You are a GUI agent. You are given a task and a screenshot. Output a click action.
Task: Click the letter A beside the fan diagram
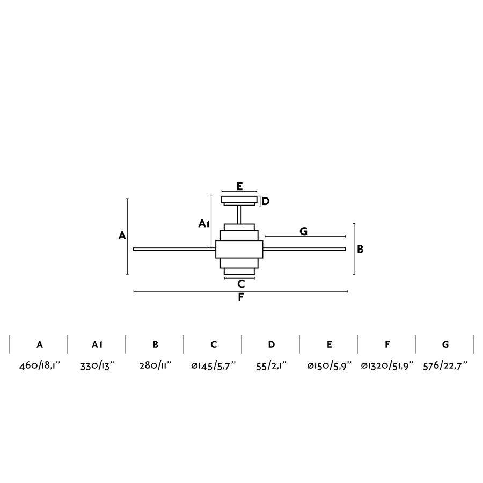[122, 236]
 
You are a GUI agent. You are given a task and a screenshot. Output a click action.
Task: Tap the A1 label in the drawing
[204, 224]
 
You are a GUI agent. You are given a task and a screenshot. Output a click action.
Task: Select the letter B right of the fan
[360, 249]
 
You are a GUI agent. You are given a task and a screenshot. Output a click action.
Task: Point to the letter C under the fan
[241, 284]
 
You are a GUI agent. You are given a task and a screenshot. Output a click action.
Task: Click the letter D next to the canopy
[266, 201]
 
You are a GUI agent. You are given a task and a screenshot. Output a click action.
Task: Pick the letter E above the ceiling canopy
[240, 186]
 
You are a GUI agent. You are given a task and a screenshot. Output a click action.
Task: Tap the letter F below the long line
[241, 297]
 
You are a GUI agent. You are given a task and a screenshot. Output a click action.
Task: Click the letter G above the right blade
[303, 231]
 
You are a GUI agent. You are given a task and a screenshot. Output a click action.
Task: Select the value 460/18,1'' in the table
[40, 366]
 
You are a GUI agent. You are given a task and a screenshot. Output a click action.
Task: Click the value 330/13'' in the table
[97, 366]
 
